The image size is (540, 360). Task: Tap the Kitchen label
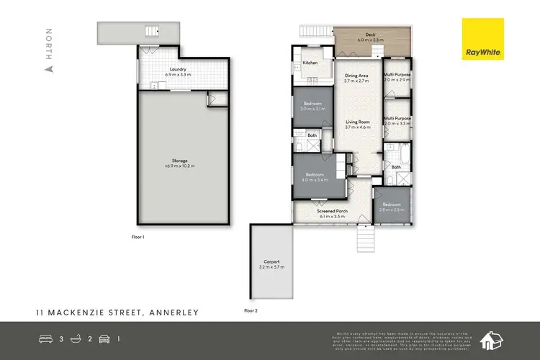point(310,63)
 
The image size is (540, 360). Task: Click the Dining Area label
point(356,78)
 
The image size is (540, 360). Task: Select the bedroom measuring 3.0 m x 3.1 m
point(313,107)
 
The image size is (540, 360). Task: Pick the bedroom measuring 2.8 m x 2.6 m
point(392,207)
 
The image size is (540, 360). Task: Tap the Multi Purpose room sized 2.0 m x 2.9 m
point(397,77)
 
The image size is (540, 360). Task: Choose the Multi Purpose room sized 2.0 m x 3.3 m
point(397,121)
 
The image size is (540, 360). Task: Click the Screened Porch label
point(332,212)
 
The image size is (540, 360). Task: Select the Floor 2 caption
point(251,310)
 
